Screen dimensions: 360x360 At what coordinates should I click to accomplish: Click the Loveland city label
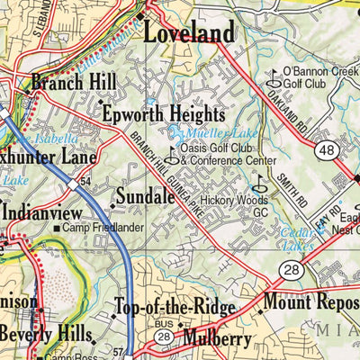(x=190, y=34)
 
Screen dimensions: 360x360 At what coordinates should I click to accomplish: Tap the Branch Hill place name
(x=73, y=83)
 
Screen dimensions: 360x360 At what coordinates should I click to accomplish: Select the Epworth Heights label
(x=162, y=115)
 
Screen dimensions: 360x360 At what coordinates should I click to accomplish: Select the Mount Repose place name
(x=310, y=301)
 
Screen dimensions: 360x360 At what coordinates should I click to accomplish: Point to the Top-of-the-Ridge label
(x=175, y=309)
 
